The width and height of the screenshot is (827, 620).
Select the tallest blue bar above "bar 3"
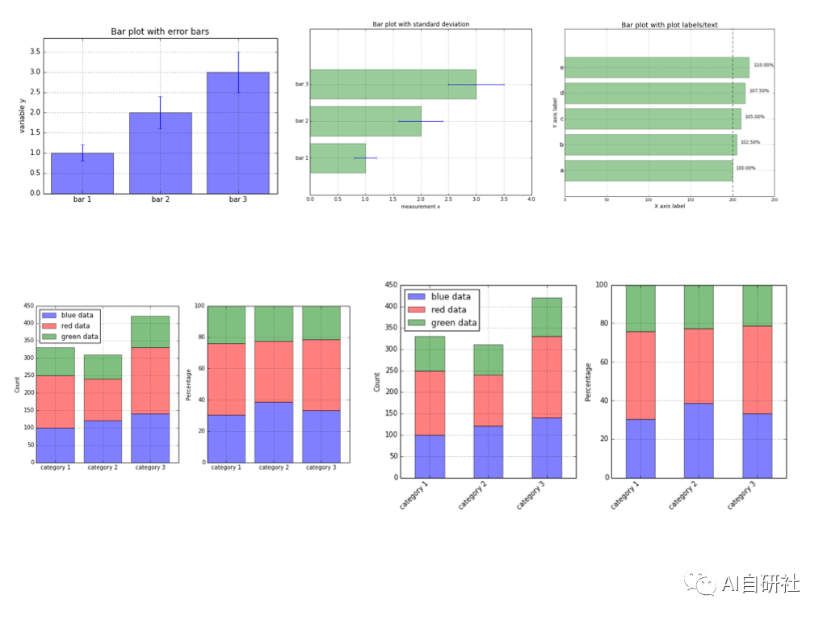238,133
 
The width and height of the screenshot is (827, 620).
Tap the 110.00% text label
763,65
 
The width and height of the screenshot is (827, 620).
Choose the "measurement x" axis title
420,208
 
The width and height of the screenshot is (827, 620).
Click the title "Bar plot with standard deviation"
421,24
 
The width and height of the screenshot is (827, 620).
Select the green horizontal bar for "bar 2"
365,121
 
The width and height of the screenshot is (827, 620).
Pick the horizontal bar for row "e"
657,68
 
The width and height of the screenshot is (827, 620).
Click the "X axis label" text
670,207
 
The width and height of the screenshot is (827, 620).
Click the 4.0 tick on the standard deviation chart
531,199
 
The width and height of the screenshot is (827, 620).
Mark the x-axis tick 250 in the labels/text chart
775,199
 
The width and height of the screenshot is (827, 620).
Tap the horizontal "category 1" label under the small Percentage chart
226,467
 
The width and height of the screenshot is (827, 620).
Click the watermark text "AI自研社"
761,583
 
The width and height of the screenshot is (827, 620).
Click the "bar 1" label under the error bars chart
82,199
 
